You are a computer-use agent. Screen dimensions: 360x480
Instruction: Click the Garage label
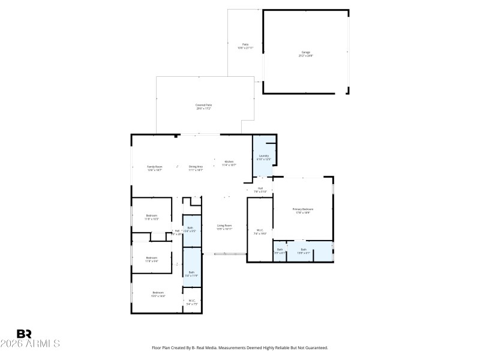point(306,52)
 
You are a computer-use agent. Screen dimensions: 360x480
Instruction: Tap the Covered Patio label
point(204,105)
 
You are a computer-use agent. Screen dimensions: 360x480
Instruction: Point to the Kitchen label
point(229,161)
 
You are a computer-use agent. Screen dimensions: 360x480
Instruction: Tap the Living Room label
point(224,226)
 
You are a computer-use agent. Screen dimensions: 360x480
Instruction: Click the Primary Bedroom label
point(303,209)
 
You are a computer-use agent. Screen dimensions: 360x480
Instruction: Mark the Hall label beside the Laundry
point(260,188)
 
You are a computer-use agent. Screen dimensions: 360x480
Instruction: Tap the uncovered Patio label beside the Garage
point(245,44)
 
